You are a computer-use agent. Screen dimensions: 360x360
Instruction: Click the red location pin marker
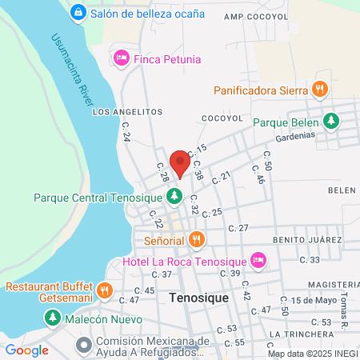click(x=180, y=164)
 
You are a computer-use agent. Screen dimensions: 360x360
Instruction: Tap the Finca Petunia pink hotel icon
click(x=122, y=58)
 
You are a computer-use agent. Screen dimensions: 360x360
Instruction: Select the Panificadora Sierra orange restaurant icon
click(x=319, y=90)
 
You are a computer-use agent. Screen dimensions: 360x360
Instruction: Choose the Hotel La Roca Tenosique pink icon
click(x=258, y=260)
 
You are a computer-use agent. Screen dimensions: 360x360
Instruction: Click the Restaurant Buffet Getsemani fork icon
click(x=104, y=290)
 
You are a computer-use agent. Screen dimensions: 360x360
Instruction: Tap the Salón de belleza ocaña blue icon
click(x=78, y=13)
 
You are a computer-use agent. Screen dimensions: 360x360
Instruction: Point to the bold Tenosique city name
click(x=199, y=297)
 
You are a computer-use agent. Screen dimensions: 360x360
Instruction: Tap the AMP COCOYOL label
click(x=254, y=16)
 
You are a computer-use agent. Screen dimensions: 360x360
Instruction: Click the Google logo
click(x=26, y=350)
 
